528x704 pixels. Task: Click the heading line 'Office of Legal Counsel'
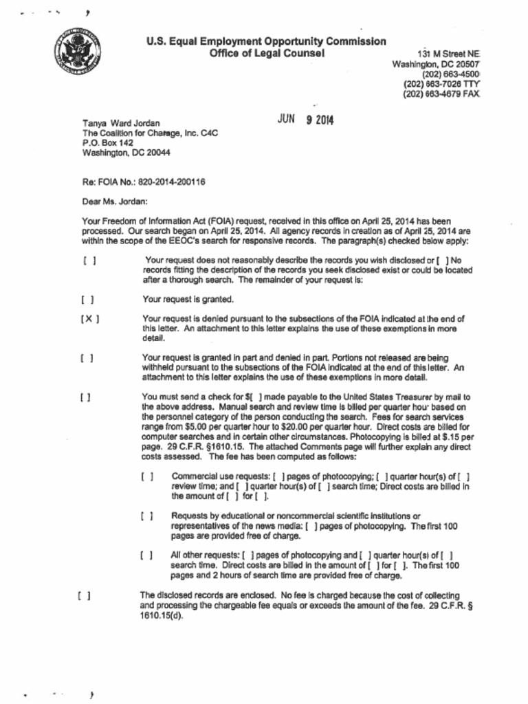click(267, 54)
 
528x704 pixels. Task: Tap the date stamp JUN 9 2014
click(305, 120)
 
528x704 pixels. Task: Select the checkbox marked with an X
click(88, 320)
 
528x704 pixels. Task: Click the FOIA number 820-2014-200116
click(172, 182)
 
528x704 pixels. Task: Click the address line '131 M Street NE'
click(448, 54)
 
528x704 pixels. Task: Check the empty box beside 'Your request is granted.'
click(87, 300)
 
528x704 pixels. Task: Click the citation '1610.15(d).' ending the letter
click(162, 615)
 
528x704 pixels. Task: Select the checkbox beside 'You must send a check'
click(85, 397)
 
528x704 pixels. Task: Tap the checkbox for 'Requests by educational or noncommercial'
click(146, 516)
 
